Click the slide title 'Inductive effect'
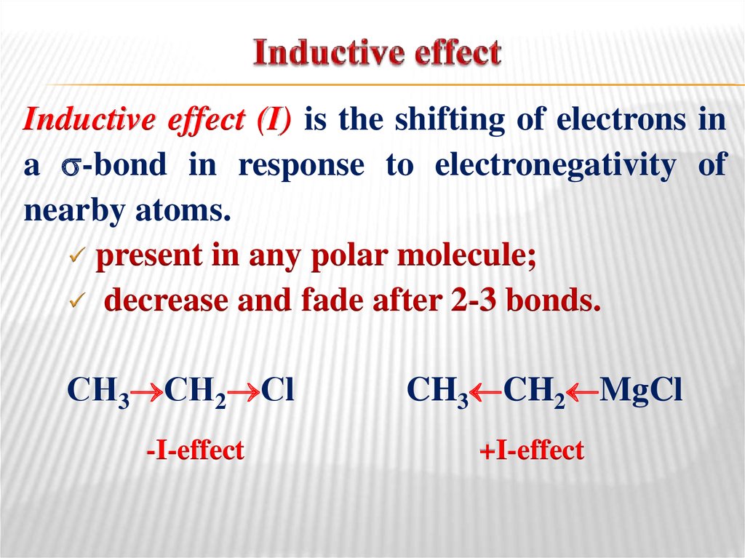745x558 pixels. pyautogui.click(x=377, y=55)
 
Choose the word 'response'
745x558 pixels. pyautogui.click(x=301, y=167)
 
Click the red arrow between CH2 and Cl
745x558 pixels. pyautogui.click(x=249, y=391)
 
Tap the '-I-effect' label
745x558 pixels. pyautogui.click(x=194, y=450)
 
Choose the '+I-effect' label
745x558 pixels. pyautogui.click(x=531, y=450)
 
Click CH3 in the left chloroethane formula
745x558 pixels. pyautogui.click(x=96, y=391)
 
